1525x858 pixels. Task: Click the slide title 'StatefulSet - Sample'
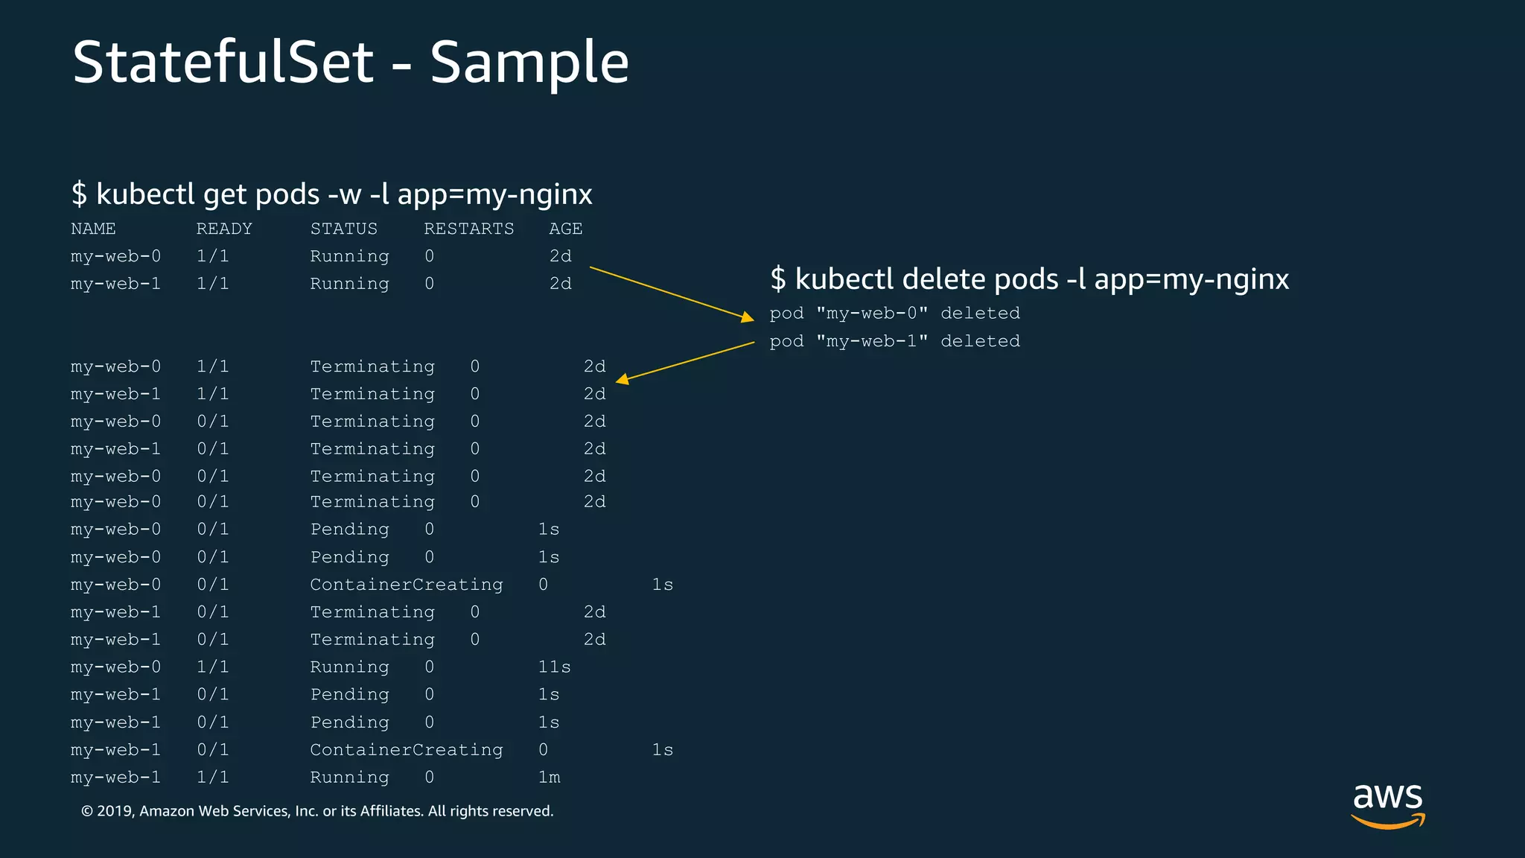pyautogui.click(x=351, y=63)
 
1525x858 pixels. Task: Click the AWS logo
pyautogui.click(x=1387, y=805)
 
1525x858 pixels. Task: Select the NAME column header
pyautogui.click(x=93, y=229)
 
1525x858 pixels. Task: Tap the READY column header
pyautogui.click(x=224, y=229)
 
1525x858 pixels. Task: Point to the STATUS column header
pyautogui.click(x=343, y=229)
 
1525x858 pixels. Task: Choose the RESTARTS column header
pyautogui.click(x=469, y=229)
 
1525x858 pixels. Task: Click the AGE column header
pyautogui.click(x=566, y=229)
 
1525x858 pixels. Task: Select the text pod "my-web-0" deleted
pyautogui.click(x=894, y=314)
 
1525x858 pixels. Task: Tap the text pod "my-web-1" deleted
pyautogui.click(x=894, y=341)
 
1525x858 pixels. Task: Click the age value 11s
pyautogui.click(x=554, y=667)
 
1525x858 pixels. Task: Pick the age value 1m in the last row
pyautogui.click(x=549, y=778)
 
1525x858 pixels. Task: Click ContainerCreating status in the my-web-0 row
pyautogui.click(x=407, y=585)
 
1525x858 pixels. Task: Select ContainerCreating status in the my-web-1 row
pyautogui.click(x=407, y=750)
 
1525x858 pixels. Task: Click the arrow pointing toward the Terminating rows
pyautogui.click(x=685, y=362)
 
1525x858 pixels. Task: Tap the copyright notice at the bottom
pyautogui.click(x=317, y=811)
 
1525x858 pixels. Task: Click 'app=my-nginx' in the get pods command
pyautogui.click(x=494, y=194)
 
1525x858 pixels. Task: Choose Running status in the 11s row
pyautogui.click(x=349, y=667)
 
